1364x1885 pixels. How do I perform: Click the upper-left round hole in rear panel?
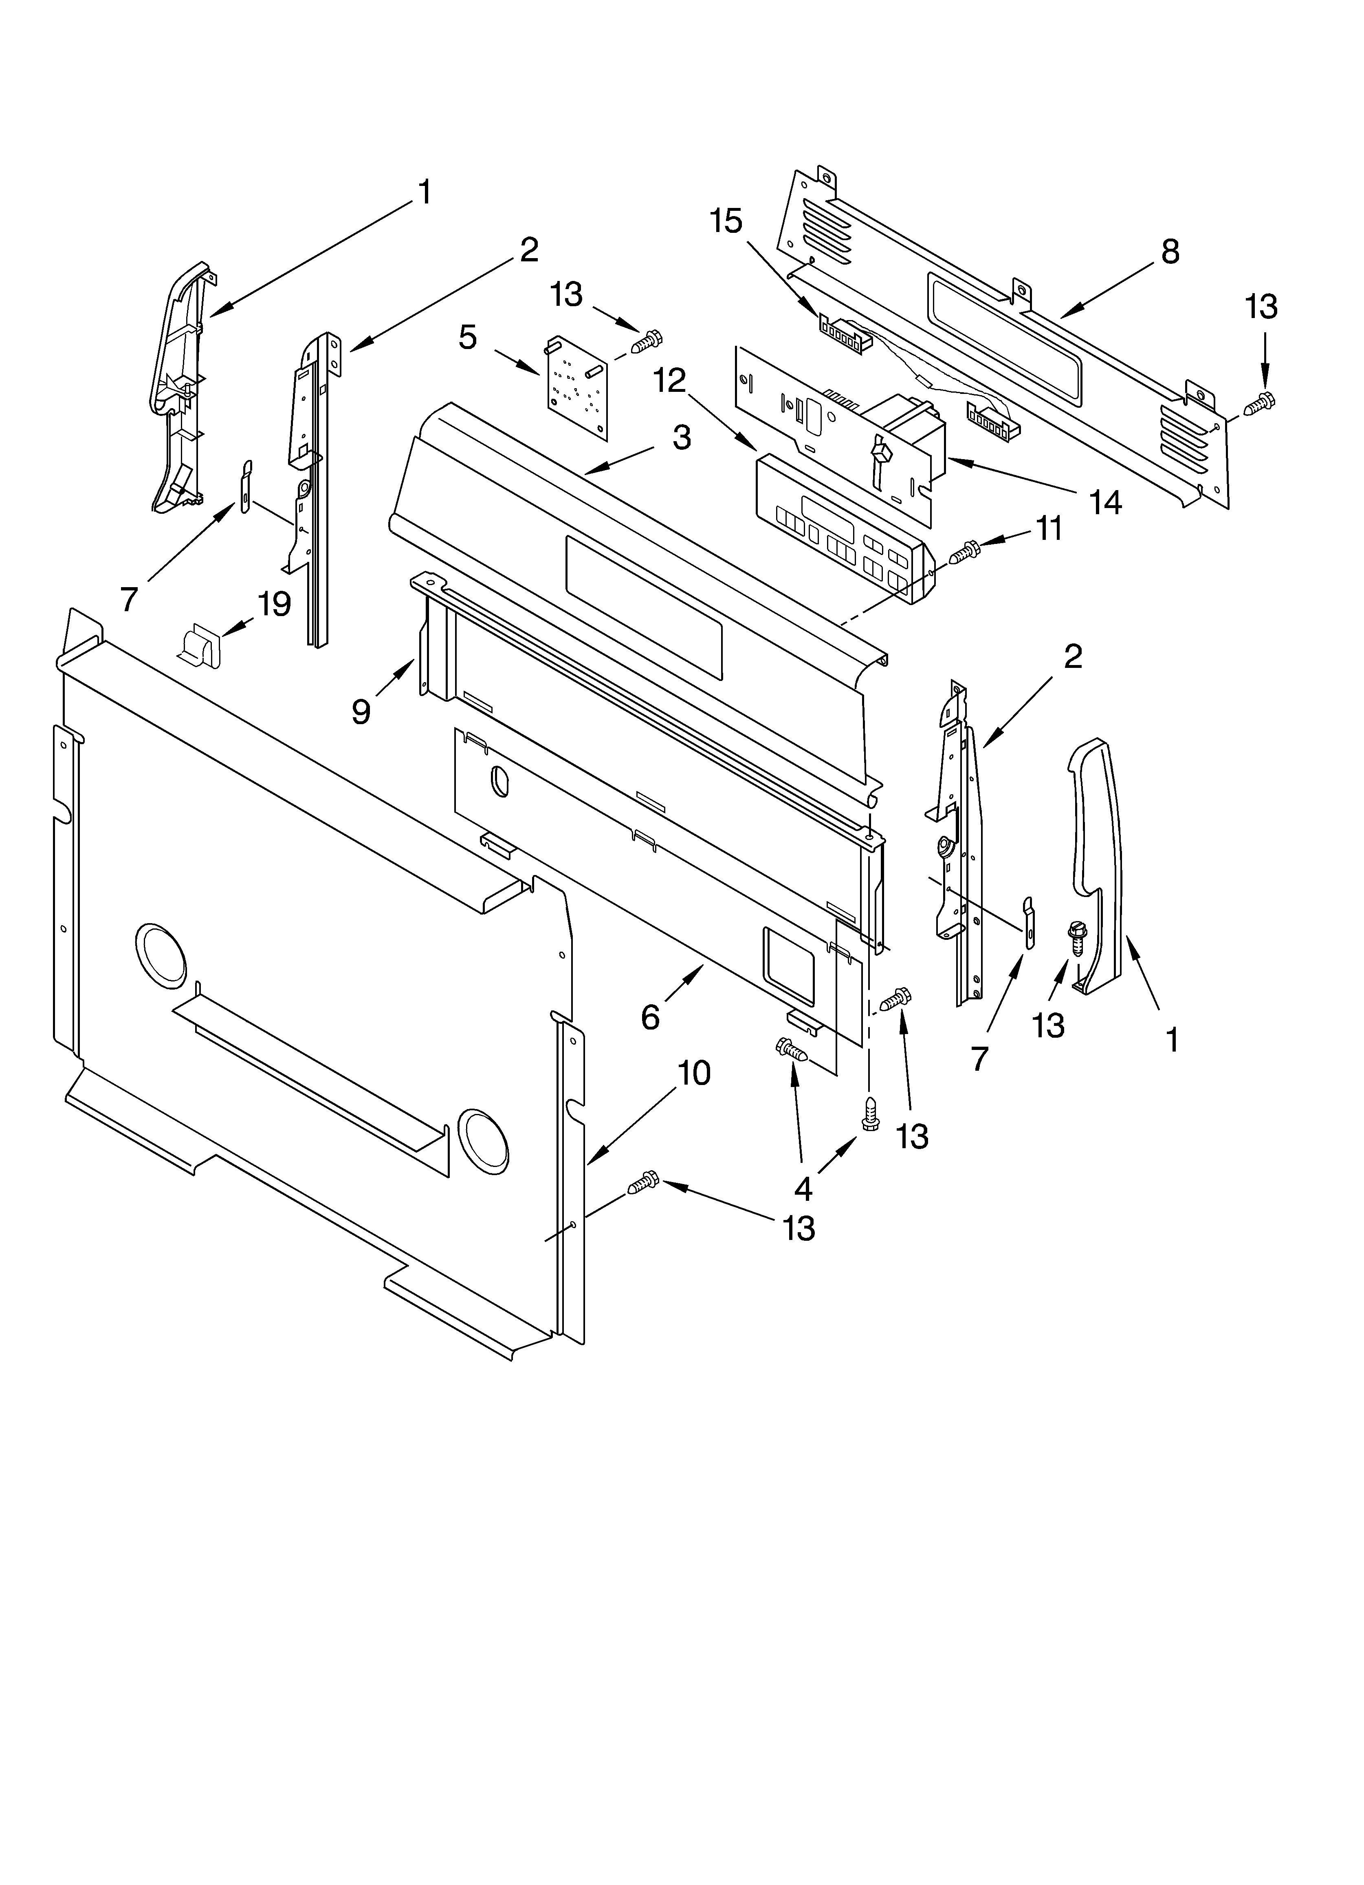click(161, 955)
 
